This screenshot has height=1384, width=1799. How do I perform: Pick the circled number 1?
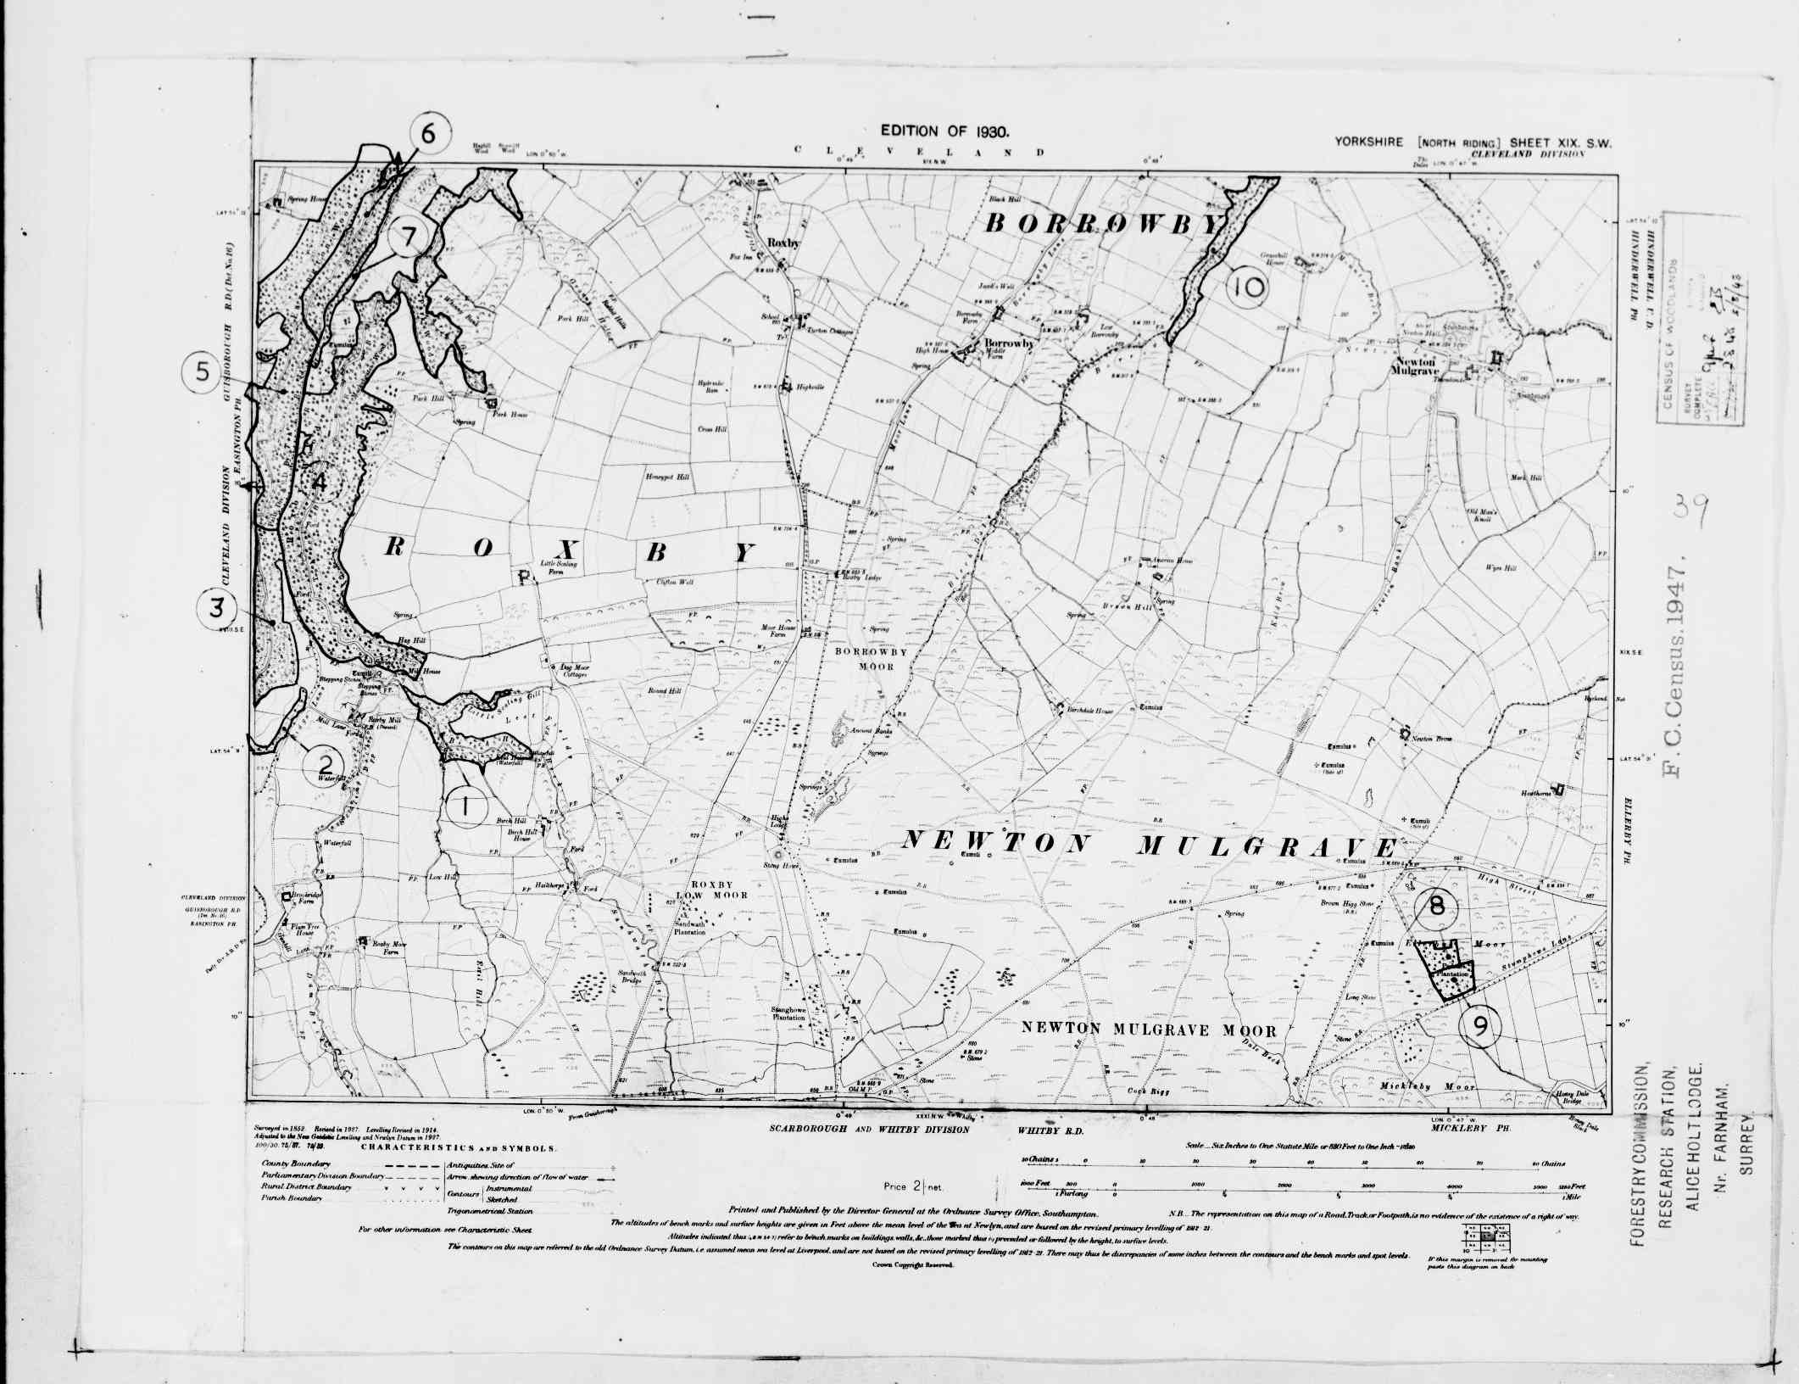pyautogui.click(x=465, y=805)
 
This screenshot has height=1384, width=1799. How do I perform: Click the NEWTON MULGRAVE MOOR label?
pyautogui.click(x=1148, y=1030)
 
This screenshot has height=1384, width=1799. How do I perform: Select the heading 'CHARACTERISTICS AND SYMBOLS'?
pyautogui.click(x=459, y=1147)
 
